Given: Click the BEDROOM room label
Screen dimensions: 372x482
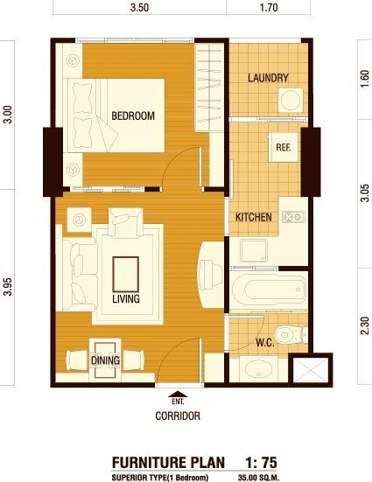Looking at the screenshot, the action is (133, 115).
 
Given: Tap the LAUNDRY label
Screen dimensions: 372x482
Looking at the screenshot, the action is (269, 78).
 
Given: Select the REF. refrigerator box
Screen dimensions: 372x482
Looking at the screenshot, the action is (283, 148).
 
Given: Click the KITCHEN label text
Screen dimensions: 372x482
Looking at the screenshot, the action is (254, 217).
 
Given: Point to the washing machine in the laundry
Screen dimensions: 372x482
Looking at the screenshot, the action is (291, 101).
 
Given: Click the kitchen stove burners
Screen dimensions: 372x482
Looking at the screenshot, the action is (294, 217).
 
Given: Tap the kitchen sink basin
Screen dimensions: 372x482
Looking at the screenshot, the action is (254, 251).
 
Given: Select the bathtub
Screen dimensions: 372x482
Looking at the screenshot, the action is (269, 290).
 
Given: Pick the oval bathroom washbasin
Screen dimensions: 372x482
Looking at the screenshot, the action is (259, 370).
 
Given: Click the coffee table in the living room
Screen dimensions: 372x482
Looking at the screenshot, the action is (125, 274).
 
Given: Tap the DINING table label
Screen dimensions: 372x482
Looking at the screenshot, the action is (105, 360).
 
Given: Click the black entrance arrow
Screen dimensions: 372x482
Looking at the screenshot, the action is (178, 394).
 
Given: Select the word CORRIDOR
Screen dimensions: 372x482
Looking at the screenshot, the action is (178, 416).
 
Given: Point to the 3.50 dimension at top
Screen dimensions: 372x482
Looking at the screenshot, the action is (139, 7).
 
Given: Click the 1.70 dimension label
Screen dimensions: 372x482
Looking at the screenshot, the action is (269, 7).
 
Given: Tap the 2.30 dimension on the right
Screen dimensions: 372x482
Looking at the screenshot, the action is (365, 325).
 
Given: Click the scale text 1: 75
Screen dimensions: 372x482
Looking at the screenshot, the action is (261, 463).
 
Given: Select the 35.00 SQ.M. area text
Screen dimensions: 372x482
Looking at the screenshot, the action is (258, 478).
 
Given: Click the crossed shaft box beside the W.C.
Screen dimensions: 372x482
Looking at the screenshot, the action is (311, 370).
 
